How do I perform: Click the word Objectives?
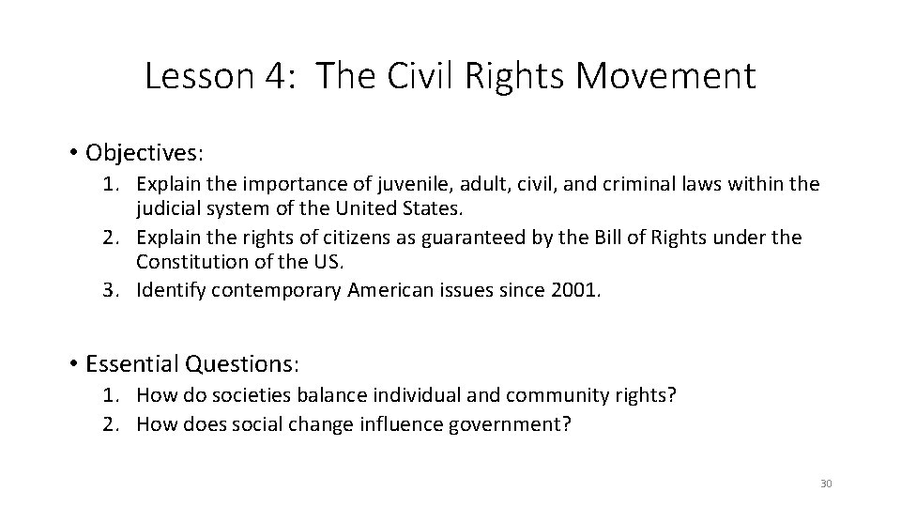[x=144, y=152]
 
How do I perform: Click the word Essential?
[x=132, y=362]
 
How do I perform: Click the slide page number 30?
[x=826, y=484]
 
